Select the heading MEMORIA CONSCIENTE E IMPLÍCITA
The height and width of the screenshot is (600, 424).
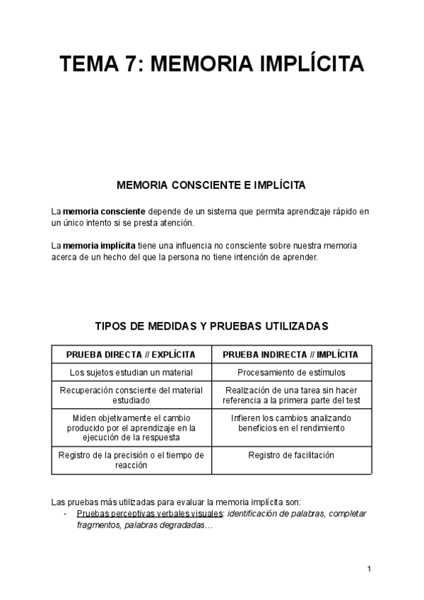[x=211, y=185]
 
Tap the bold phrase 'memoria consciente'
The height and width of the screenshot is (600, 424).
[x=104, y=212]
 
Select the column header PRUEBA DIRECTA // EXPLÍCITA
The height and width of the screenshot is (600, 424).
[x=131, y=354]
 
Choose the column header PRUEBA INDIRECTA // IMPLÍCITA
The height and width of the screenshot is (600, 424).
[x=291, y=354]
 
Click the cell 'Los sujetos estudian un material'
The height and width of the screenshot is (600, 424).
[x=131, y=372]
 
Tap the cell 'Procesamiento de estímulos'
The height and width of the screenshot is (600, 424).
[x=291, y=372]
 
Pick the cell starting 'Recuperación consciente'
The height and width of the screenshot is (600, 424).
[x=131, y=395]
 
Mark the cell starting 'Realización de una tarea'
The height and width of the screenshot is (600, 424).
[x=291, y=395]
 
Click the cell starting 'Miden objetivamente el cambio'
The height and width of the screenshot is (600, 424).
[x=131, y=427]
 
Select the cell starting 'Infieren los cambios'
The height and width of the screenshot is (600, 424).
[x=291, y=423]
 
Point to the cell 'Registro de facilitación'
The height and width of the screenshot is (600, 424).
[x=291, y=455]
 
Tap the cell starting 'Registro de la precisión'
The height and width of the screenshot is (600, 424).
[x=131, y=460]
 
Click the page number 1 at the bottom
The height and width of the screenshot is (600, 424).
[x=369, y=569]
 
